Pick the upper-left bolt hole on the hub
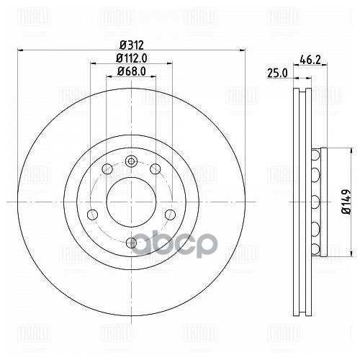[x=107, y=168]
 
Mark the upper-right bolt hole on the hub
[x=155, y=168]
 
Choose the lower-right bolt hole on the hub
[x=170, y=214]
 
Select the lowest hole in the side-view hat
[x=315, y=248]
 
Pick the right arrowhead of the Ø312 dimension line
[x=242, y=50]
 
